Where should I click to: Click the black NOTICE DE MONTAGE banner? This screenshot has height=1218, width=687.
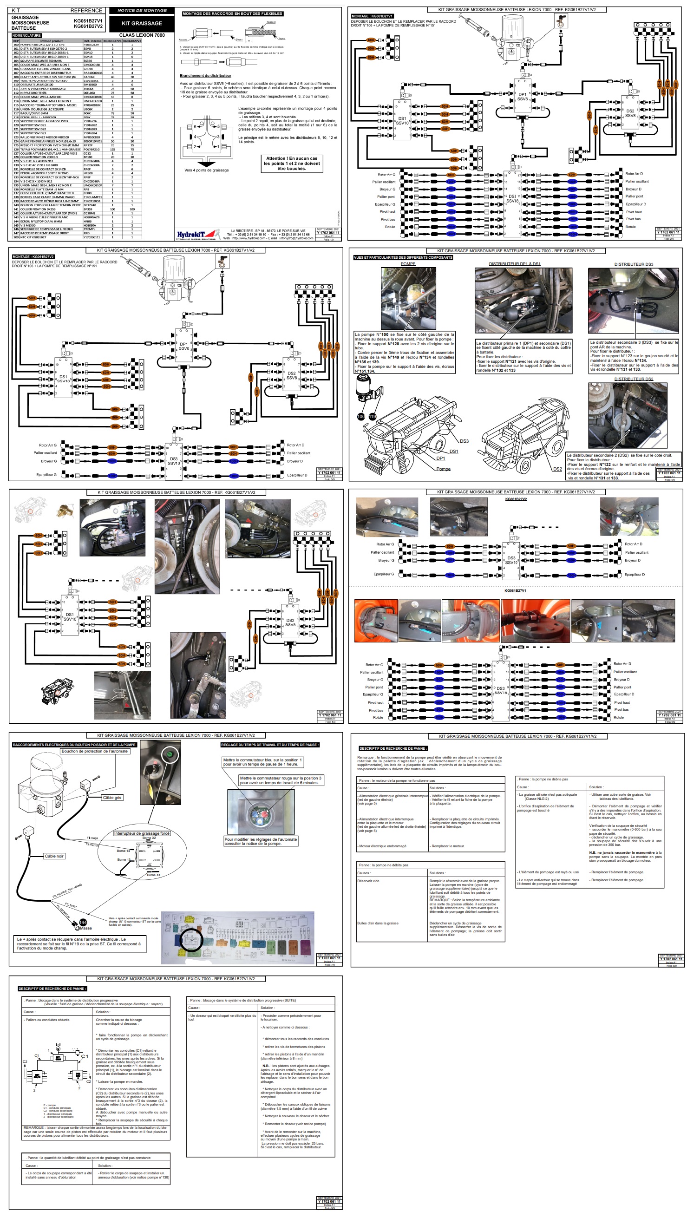142,10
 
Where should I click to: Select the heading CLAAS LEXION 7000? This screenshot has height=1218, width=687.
142,35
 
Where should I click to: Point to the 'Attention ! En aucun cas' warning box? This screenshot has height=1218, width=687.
292,164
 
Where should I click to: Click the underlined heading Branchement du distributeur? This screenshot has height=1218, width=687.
205,76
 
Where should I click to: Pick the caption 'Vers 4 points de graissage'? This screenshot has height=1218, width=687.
206,170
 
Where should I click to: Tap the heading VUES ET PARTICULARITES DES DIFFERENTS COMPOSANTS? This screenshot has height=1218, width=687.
403,258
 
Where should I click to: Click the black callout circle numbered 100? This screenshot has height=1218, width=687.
361,417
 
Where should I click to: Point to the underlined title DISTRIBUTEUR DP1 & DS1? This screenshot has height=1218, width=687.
514,264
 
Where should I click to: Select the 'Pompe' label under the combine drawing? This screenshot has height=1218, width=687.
443,469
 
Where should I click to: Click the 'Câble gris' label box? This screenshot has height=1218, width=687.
112,798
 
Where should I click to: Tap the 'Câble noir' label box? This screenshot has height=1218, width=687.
54,856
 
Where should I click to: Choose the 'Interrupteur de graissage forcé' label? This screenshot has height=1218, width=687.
141,833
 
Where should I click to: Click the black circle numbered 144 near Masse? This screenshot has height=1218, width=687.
83,923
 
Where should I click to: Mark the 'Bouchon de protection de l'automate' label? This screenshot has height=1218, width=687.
95,751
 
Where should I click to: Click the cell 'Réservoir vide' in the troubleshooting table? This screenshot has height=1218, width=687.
369,881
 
